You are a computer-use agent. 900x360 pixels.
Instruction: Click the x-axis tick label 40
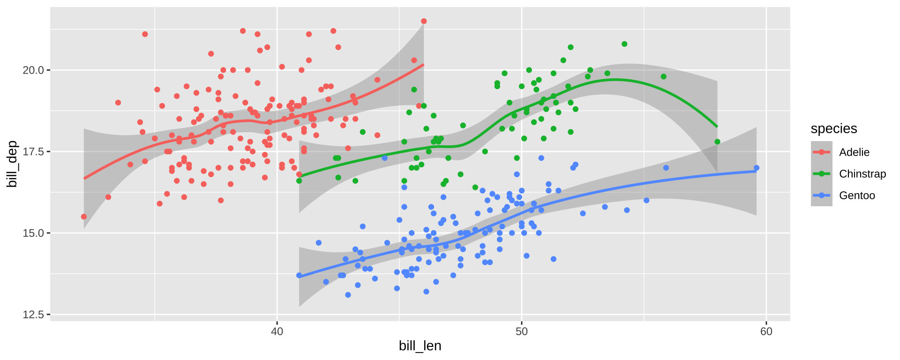[x=277, y=332]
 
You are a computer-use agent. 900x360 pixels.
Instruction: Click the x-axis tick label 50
[x=521, y=332]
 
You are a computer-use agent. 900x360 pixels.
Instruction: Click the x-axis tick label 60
[x=766, y=332]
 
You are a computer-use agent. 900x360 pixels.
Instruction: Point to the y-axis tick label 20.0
[x=33, y=70]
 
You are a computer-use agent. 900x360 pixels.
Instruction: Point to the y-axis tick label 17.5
[x=33, y=152]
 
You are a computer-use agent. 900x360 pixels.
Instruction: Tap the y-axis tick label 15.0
[x=33, y=233]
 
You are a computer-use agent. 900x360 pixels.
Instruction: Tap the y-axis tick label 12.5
[x=33, y=315]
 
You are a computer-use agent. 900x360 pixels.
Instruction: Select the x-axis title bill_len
[x=420, y=346]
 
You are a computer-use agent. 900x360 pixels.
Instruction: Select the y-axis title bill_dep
[x=12, y=164]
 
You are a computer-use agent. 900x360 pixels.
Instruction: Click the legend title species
[x=834, y=129]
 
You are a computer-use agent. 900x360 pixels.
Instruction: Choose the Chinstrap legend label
[x=862, y=174]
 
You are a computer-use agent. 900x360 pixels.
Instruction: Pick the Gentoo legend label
[x=857, y=195]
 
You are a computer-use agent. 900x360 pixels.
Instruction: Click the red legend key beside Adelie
[x=822, y=152]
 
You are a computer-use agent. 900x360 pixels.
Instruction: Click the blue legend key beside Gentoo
[x=822, y=195]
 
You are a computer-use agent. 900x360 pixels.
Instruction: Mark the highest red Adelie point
[x=424, y=21]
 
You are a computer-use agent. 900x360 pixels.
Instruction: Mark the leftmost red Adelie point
[x=84, y=217]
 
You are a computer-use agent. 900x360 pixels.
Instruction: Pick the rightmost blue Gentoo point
[x=756, y=168]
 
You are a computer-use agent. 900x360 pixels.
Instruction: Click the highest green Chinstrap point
[x=624, y=44]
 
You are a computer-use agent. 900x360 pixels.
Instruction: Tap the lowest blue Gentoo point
[x=348, y=295]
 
